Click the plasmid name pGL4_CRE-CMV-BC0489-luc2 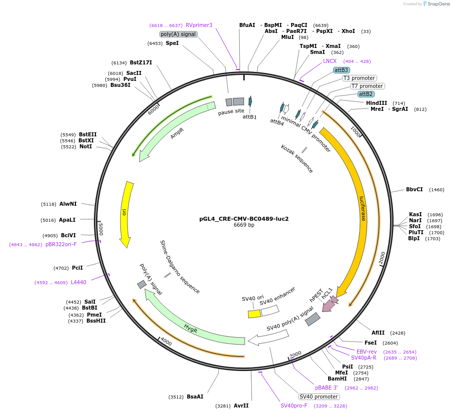coord(244,219)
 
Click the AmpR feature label coord(177,133)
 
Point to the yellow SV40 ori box coord(254,314)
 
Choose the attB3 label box coord(342,70)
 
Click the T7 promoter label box coord(367,86)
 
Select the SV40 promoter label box coord(319,397)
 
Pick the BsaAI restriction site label coord(195,397)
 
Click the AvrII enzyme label coord(241,406)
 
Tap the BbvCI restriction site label coord(414,189)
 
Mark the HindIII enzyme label coord(377,103)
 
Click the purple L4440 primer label coord(78,282)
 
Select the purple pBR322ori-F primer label coord(61,244)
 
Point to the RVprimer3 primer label coord(199,25)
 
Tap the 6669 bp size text coord(244,225)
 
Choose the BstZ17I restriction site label coord(141,62)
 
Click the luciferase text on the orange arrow coord(363,208)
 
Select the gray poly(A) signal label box coord(178,34)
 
